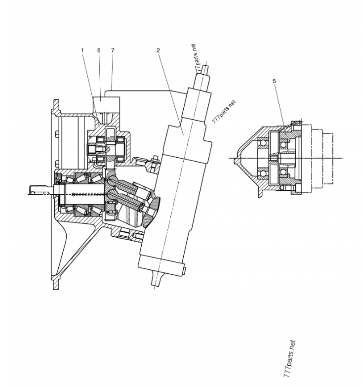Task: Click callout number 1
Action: point(82,50)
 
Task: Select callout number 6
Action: point(99,50)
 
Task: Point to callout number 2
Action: point(158,50)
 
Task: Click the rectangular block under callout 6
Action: point(106,104)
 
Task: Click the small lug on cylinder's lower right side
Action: point(185,271)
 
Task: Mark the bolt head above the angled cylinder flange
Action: point(155,159)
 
